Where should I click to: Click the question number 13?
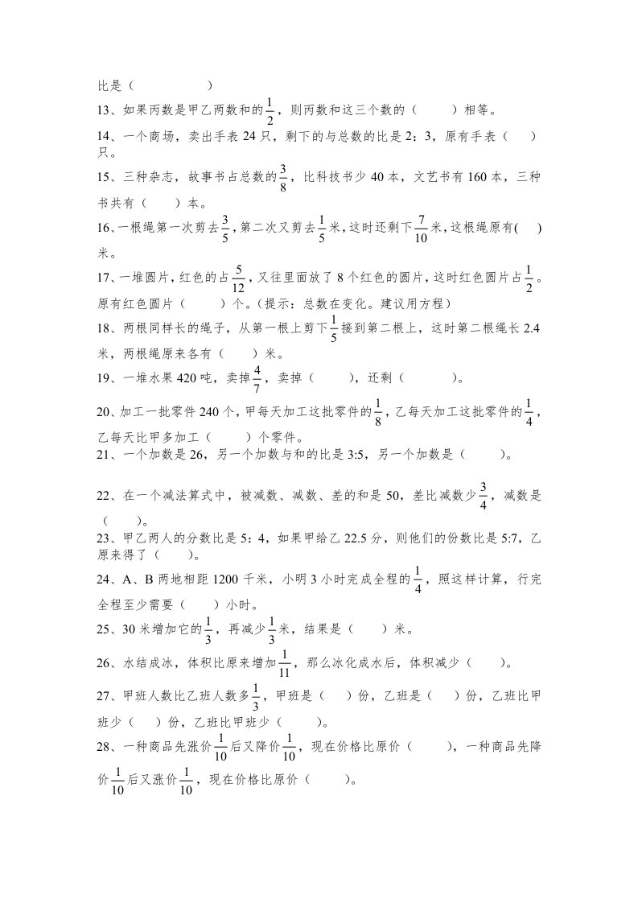click(x=105, y=110)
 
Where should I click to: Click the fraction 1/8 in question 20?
click(x=377, y=412)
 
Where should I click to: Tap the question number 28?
click(x=105, y=748)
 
